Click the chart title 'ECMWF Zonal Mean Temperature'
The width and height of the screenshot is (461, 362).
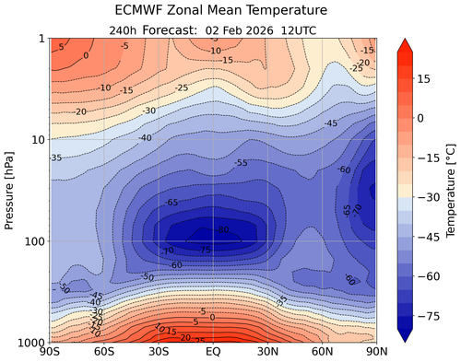(213, 12)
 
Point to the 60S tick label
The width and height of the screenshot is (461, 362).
(104, 352)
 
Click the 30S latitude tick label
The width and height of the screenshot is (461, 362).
(159, 352)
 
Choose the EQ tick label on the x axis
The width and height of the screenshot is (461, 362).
(213, 352)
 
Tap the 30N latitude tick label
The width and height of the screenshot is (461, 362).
(267, 352)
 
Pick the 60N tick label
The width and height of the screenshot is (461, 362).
(322, 352)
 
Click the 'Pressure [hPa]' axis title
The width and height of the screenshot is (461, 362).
(10, 190)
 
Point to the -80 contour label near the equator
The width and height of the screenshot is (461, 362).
(222, 229)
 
